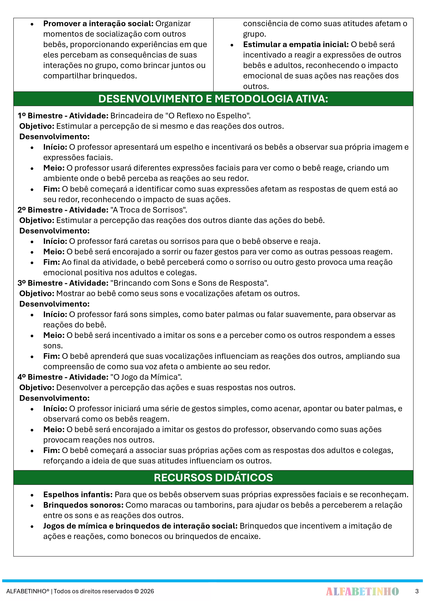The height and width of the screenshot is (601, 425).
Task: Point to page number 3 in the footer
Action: [417, 591]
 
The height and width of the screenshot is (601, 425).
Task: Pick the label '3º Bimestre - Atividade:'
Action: [63, 283]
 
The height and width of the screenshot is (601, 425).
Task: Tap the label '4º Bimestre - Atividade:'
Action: [63, 377]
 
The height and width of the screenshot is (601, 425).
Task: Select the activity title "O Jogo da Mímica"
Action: [146, 377]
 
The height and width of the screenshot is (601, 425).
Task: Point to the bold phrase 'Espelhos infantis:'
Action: [78, 494]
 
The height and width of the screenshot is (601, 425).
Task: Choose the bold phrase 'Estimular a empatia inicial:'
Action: [296, 45]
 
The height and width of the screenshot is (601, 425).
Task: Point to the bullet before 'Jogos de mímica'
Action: [32, 526]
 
